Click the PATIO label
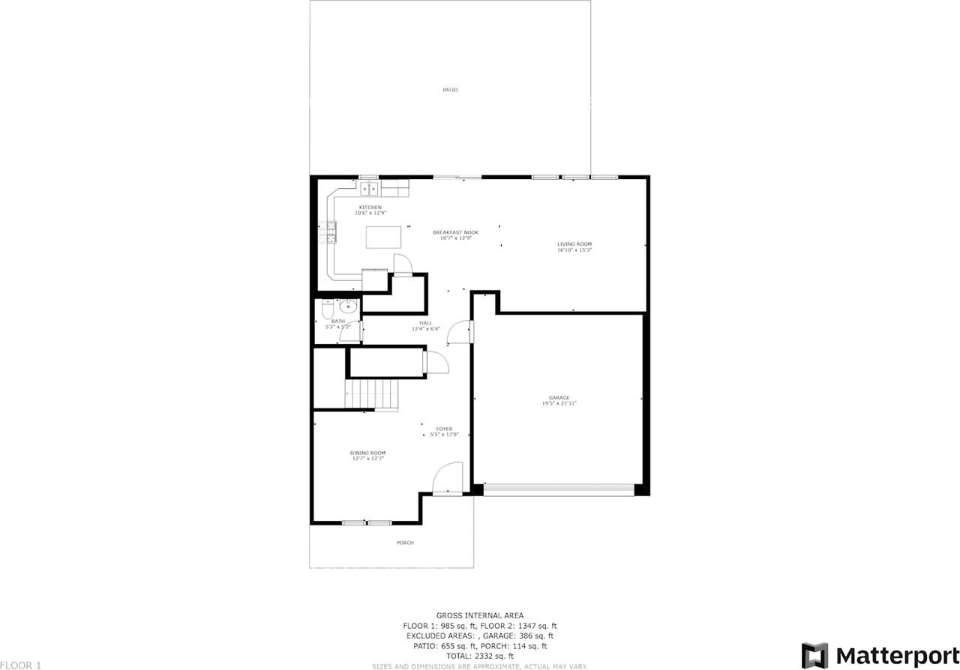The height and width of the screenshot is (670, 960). point(450,90)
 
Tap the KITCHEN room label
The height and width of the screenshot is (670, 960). point(370,208)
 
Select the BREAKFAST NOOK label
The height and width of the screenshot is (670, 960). point(455,232)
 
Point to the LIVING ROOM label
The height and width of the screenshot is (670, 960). point(574,244)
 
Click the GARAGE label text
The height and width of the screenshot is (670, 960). point(559,398)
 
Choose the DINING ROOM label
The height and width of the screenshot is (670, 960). point(367,453)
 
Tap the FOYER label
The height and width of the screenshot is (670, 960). point(444,429)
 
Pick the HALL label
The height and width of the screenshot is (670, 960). point(425,323)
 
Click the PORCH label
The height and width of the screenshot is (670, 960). point(405,543)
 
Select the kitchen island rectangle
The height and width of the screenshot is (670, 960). point(383,237)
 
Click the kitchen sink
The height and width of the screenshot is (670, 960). point(369,187)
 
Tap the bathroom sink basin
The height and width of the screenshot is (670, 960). point(349,306)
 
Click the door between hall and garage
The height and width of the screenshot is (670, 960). point(460,332)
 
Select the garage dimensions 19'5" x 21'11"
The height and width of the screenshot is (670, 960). point(559,403)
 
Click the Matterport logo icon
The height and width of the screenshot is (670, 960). point(814,654)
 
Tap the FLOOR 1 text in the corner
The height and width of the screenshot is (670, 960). point(21,665)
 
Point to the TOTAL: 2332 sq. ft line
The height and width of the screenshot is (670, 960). point(480,656)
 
